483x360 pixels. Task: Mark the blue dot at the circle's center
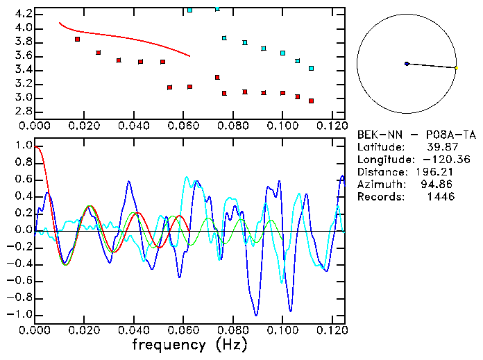point(407,64)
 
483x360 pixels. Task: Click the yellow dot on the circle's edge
point(456,67)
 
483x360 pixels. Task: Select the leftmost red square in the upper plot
point(78,40)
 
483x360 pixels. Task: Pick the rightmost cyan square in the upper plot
point(311,68)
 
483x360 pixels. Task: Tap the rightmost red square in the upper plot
point(311,101)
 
